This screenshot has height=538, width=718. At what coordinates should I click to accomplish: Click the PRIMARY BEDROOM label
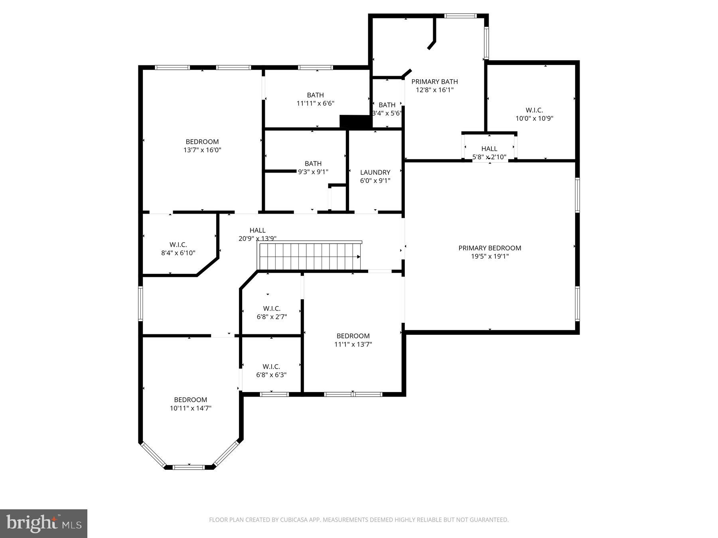[489, 248]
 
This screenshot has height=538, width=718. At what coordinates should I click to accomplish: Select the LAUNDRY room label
[375, 172]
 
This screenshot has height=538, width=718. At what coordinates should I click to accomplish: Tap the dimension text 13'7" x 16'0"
[202, 150]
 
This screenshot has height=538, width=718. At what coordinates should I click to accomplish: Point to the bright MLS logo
[43, 523]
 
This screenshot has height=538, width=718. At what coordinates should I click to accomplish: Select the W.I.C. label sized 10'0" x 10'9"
[534, 110]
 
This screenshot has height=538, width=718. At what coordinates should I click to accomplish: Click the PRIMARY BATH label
[434, 82]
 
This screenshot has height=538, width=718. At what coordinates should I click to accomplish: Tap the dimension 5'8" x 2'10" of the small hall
[489, 157]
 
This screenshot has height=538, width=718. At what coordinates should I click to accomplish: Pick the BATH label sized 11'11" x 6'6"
[315, 95]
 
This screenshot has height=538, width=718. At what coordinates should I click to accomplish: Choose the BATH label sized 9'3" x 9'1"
[313, 163]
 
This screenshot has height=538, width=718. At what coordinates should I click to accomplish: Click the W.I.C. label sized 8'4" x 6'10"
[178, 245]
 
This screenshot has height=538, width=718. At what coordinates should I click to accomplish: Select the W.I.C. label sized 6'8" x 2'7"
[272, 308]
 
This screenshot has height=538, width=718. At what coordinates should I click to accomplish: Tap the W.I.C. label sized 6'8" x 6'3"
[271, 366]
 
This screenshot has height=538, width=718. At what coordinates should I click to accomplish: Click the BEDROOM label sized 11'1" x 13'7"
[353, 336]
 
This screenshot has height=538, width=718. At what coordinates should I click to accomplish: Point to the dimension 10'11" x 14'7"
[190, 408]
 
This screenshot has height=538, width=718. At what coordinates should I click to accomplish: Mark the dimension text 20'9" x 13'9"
[257, 238]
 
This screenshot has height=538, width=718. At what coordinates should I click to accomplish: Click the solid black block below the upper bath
[355, 122]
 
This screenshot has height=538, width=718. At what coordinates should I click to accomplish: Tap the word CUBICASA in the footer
[296, 520]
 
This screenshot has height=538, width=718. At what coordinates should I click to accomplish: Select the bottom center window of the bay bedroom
[189, 467]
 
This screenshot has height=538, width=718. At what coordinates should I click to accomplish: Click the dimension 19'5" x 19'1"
[489, 256]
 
